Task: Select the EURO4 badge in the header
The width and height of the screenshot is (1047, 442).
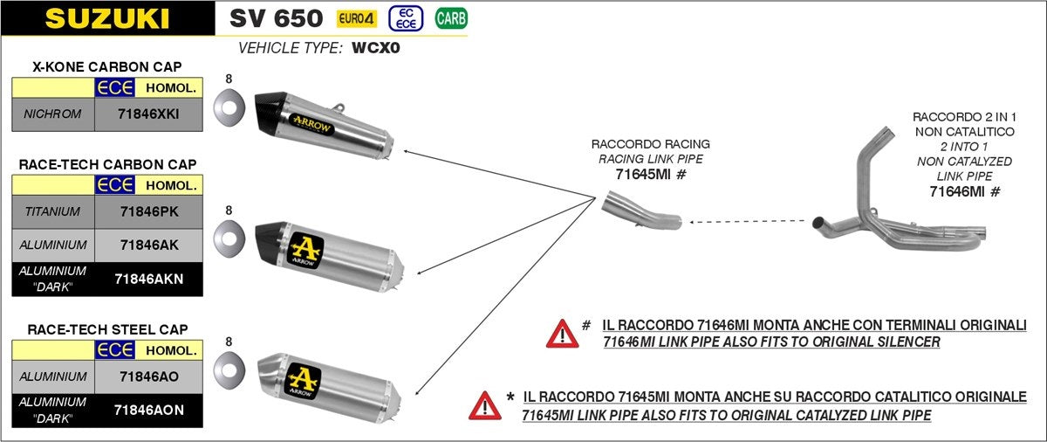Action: pos(358,17)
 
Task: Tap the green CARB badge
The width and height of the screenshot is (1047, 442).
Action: pos(450,17)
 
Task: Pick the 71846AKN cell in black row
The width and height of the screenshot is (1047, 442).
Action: pos(149,279)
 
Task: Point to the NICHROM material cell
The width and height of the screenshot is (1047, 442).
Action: pos(53,114)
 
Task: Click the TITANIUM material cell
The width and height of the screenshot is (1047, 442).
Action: pos(53,211)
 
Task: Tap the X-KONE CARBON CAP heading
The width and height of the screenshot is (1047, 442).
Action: pos(107,66)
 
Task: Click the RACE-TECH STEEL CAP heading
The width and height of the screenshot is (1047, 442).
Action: pos(107,329)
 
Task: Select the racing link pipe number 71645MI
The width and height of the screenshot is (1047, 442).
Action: pos(644,174)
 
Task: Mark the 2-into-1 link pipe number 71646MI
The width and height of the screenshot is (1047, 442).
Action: pos(958,191)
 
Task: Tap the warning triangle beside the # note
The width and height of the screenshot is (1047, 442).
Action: pos(562,333)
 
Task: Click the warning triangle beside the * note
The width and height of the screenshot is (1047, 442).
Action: pos(484,404)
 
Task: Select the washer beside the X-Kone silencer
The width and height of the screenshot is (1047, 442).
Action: pos(229,110)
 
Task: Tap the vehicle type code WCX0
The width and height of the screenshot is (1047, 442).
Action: pos(375,48)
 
